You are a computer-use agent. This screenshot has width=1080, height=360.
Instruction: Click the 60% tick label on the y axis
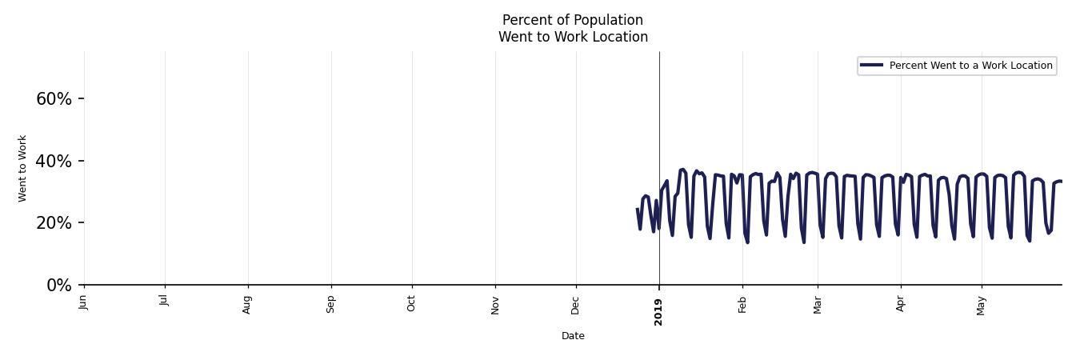coord(54,99)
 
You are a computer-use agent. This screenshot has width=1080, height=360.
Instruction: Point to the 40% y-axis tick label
coord(54,162)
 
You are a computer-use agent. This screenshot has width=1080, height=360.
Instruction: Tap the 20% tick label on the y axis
coord(54,223)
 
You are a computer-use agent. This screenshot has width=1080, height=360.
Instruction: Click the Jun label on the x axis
coord(84,302)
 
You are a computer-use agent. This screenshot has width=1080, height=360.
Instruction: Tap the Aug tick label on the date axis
coord(247,304)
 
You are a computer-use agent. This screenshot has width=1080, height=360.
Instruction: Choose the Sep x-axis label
coord(330,303)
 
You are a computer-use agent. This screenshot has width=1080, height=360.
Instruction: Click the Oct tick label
coord(411,303)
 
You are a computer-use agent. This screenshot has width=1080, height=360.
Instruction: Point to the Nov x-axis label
coord(495,304)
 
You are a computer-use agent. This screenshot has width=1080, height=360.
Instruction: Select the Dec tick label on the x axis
coord(576,304)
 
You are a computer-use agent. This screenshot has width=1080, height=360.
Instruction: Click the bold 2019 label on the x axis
coord(658,310)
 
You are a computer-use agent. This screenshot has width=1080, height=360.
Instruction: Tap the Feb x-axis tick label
coord(742,304)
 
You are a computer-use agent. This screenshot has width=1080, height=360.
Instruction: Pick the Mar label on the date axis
coord(818,304)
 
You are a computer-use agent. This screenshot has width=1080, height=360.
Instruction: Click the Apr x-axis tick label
coord(901,303)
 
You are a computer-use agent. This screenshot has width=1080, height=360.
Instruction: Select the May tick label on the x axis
coord(982,305)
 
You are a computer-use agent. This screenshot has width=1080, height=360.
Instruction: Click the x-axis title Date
coord(573,336)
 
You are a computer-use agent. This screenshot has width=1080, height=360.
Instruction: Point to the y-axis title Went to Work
coord(22,168)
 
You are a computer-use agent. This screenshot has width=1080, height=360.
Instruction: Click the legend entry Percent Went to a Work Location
coord(970,66)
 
